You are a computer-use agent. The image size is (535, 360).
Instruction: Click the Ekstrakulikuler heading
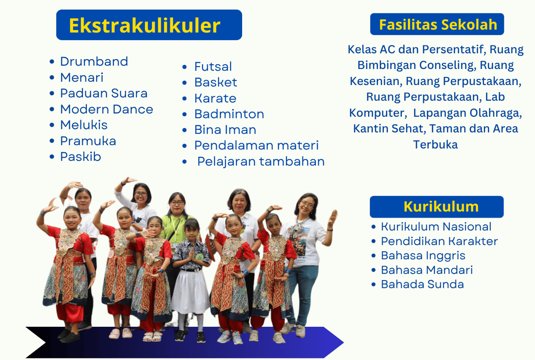coord(145,25)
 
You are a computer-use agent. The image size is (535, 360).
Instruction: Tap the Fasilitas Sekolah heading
coord(438,24)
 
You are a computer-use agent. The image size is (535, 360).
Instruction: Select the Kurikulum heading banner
coord(437,207)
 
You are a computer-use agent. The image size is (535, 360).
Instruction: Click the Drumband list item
coord(94,62)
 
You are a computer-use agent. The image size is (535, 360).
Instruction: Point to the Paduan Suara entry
coord(104,93)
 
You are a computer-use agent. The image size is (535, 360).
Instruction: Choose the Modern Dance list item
coord(107,109)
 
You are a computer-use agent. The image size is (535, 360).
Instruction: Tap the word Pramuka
coord(88,141)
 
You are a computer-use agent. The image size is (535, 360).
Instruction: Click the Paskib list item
coord(80,156)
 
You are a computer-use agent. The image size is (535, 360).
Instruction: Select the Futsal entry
coord(213,66)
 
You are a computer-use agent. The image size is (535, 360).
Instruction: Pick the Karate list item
coord(215,98)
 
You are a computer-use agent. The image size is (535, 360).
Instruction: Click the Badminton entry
coord(229,114)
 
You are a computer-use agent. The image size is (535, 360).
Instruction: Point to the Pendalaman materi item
coord(256,145)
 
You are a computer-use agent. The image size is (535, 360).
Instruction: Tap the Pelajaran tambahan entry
coord(261,161)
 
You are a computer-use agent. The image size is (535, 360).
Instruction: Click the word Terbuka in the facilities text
coord(435,145)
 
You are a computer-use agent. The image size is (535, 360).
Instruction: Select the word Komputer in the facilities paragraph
coord(378,113)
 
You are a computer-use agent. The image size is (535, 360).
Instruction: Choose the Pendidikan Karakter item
coord(439,241)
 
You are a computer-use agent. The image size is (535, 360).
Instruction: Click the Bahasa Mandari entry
coord(427,270)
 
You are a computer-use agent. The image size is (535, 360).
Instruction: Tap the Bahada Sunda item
coord(422,284)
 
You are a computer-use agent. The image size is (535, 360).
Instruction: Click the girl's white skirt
coord(190,292)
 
